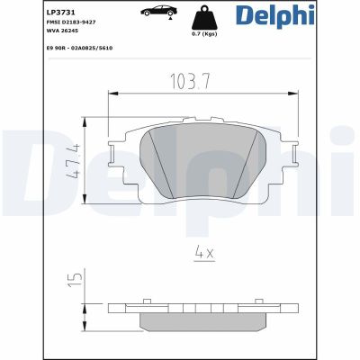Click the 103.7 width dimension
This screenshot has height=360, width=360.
tap(191, 81)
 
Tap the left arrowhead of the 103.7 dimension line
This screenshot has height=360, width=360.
tap(112, 93)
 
